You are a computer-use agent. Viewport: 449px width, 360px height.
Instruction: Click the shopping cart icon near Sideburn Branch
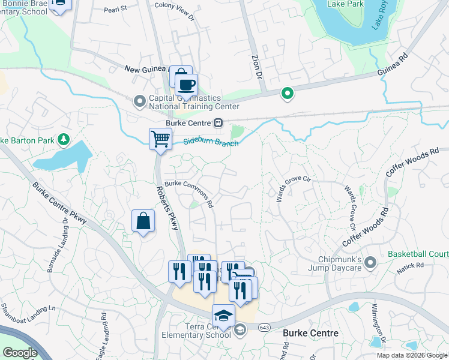(160, 139)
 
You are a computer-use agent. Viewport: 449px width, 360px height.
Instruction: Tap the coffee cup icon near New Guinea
(186, 85)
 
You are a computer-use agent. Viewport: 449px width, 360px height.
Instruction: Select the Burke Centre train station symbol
(218, 122)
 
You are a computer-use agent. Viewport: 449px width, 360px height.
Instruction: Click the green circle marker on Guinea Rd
(288, 93)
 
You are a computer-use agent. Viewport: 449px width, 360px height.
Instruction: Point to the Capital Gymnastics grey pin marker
(139, 101)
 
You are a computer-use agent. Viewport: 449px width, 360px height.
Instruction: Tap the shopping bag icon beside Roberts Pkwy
(143, 221)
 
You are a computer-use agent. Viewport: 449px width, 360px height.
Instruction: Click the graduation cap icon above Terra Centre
(223, 316)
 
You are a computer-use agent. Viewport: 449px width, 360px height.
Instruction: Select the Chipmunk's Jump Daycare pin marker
(370, 262)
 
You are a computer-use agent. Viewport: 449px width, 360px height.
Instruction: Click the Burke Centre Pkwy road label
(60, 203)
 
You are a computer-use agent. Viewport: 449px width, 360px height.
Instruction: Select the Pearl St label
(116, 9)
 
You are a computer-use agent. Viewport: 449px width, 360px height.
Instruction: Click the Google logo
(20, 353)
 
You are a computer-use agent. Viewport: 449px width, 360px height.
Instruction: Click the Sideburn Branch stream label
(210, 143)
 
